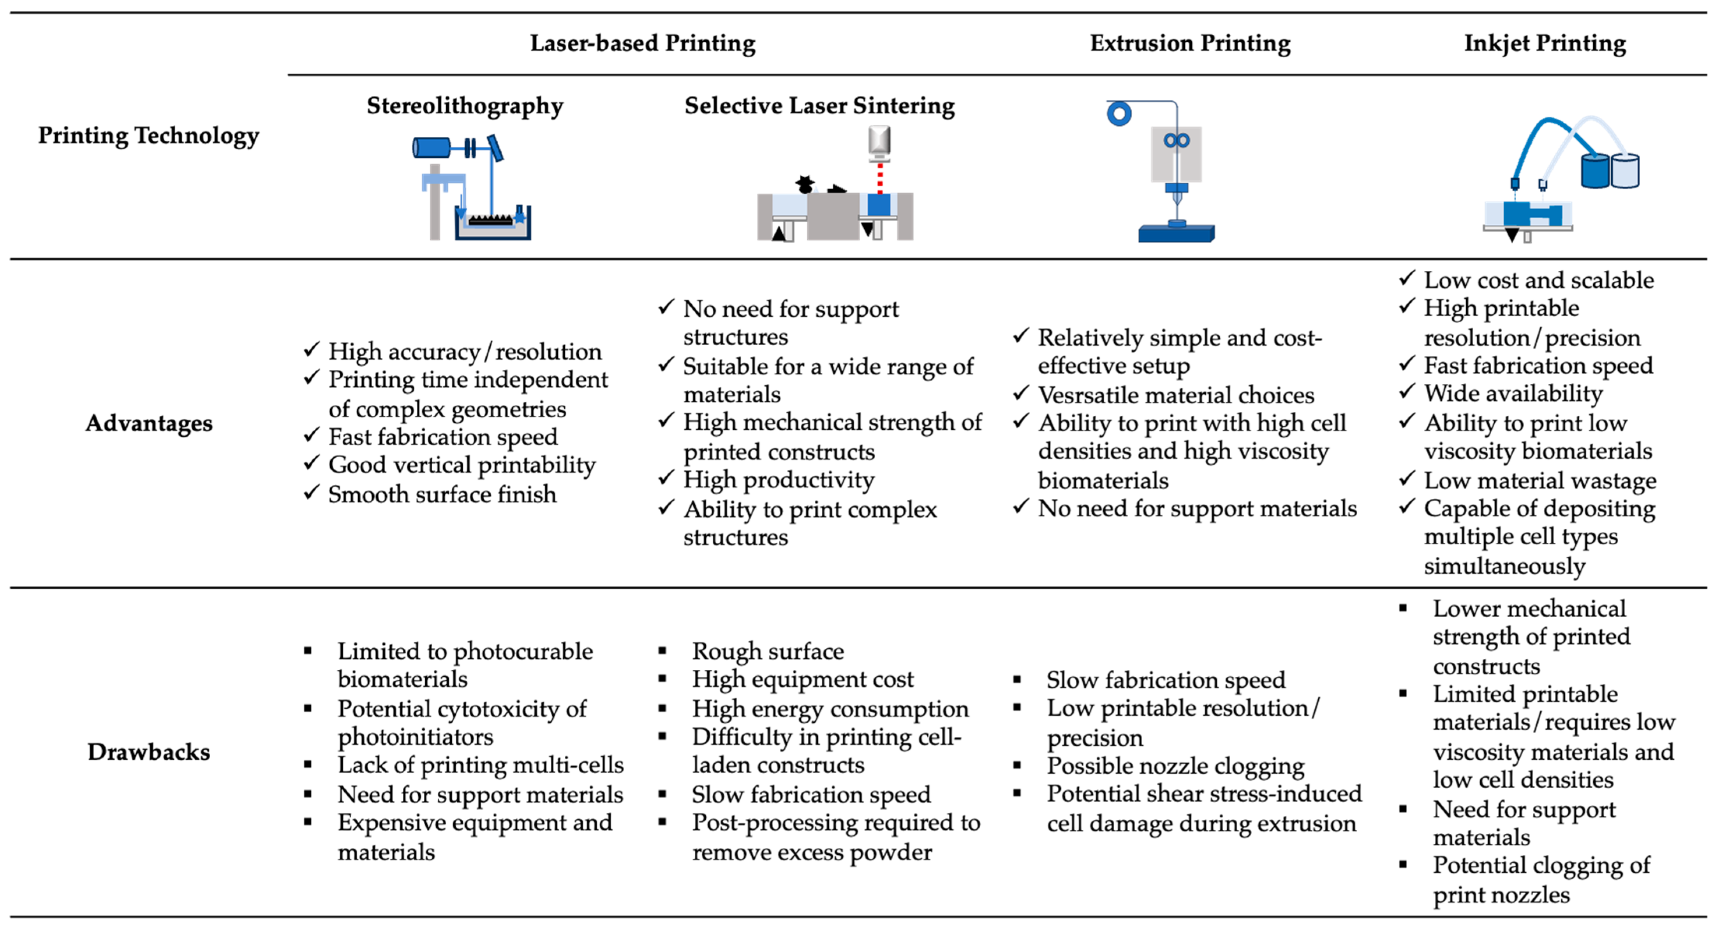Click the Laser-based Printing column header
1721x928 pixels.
coord(642,43)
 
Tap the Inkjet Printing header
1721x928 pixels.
coord(1545,43)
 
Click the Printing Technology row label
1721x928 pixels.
coord(148,136)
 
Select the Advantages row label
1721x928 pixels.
coord(148,423)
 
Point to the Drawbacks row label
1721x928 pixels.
coord(148,752)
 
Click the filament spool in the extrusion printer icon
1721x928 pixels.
coord(1119,114)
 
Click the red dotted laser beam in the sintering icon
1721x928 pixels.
coord(879,177)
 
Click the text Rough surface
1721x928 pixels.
coord(768,651)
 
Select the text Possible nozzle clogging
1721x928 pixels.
coord(1175,766)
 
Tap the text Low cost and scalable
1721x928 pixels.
coord(1539,280)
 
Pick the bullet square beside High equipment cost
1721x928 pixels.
coord(662,679)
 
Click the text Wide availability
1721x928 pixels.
coord(1513,393)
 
